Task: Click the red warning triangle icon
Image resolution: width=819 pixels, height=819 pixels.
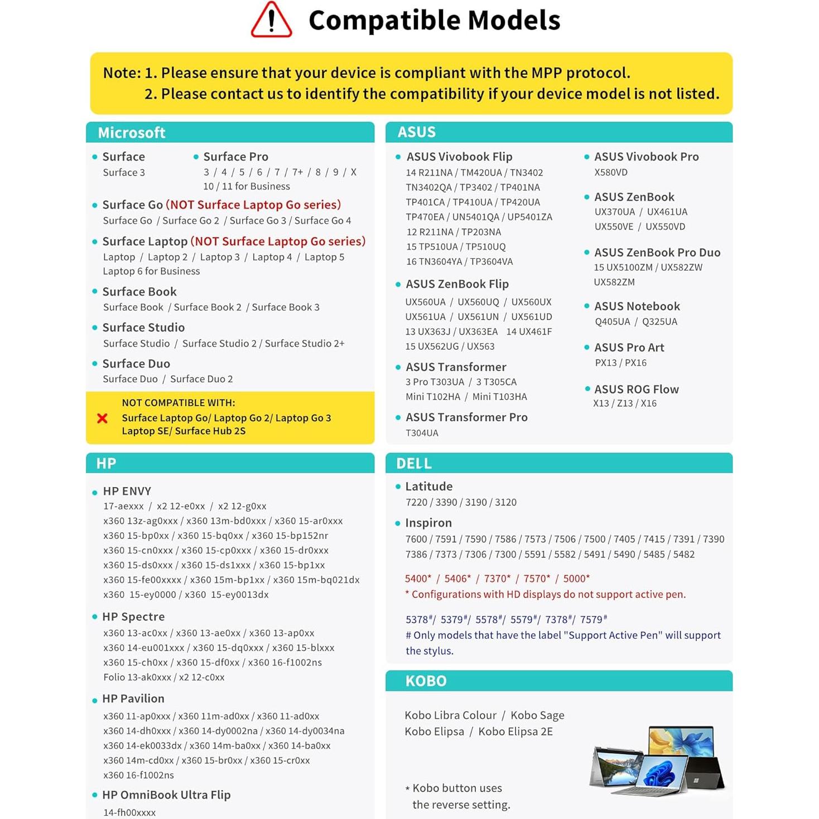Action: (x=271, y=21)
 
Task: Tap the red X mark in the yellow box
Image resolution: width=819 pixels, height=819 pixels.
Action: (x=103, y=418)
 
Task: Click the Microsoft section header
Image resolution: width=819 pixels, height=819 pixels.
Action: (x=132, y=133)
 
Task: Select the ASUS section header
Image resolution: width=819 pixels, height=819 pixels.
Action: (x=416, y=132)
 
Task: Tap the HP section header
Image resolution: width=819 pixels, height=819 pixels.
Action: (x=106, y=463)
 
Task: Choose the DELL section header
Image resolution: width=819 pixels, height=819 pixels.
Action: (x=413, y=464)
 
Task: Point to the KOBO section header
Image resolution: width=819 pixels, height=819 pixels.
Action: (x=426, y=681)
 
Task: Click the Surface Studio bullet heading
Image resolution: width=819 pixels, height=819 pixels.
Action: (x=143, y=327)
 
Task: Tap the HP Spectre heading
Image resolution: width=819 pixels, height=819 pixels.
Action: (x=133, y=616)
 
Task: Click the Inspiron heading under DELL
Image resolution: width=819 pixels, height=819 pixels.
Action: (x=428, y=523)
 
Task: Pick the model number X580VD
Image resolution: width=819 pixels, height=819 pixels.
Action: (x=611, y=172)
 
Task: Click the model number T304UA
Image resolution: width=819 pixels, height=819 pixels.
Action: (x=422, y=433)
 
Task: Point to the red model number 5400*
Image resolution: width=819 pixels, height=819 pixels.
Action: (x=418, y=579)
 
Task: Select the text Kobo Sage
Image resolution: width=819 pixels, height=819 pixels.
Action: (x=537, y=715)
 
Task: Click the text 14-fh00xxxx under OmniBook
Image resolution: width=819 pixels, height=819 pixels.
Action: (x=129, y=812)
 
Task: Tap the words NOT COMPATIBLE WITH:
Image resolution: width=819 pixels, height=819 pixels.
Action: (x=179, y=403)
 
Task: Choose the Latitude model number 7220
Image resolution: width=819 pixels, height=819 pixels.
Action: (x=416, y=502)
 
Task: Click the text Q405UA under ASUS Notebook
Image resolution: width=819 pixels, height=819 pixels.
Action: (x=612, y=321)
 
